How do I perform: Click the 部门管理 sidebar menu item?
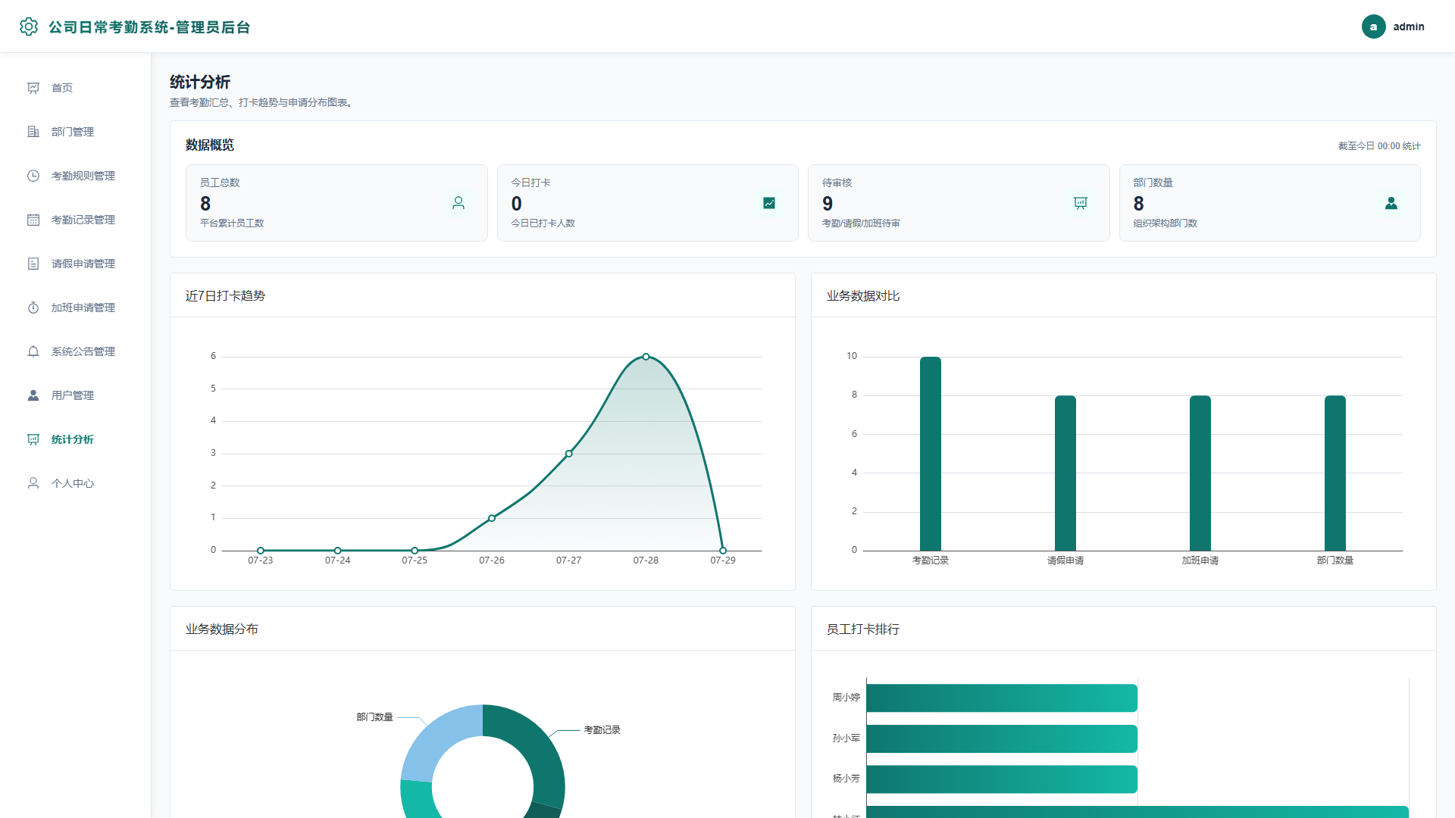pos(73,132)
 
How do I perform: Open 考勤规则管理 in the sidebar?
pos(83,176)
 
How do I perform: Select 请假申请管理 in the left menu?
pos(83,264)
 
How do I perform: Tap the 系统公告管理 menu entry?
pos(83,351)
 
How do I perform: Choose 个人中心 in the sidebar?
pos(73,483)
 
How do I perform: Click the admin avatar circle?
pos(1373,27)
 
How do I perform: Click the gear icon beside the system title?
pos(29,27)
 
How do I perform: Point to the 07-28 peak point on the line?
pos(646,357)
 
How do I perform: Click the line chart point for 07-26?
pos(492,518)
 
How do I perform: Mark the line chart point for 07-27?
pos(569,454)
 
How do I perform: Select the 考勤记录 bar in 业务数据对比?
pos(931,454)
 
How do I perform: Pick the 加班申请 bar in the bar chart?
pos(1200,473)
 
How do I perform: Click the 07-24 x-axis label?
pos(338,560)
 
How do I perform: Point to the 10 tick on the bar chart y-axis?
pos(852,356)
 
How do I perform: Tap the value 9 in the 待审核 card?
pos(828,204)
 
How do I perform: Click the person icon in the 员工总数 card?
pos(458,203)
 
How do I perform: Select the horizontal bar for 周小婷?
pos(1002,698)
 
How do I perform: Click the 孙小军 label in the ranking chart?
pos(846,738)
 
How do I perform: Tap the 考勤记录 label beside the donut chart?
pos(602,730)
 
